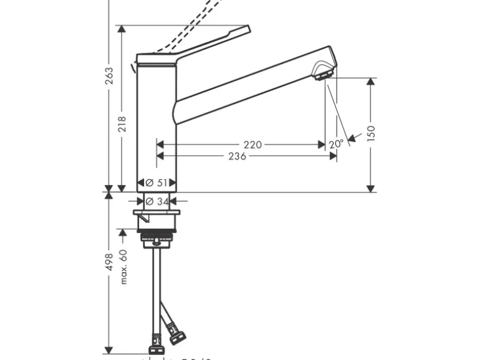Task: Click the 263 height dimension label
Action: [110, 76]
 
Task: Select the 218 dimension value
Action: [122, 124]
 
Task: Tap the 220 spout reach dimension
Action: [252, 144]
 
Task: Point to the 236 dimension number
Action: [237, 156]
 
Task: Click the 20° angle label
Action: [336, 144]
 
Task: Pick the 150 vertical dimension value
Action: [372, 134]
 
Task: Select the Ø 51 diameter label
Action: [156, 182]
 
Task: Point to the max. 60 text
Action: [123, 267]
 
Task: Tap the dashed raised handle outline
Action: [199, 22]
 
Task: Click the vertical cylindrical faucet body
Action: [156, 125]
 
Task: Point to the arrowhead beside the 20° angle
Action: [353, 138]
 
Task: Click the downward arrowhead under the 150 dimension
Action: [372, 187]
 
